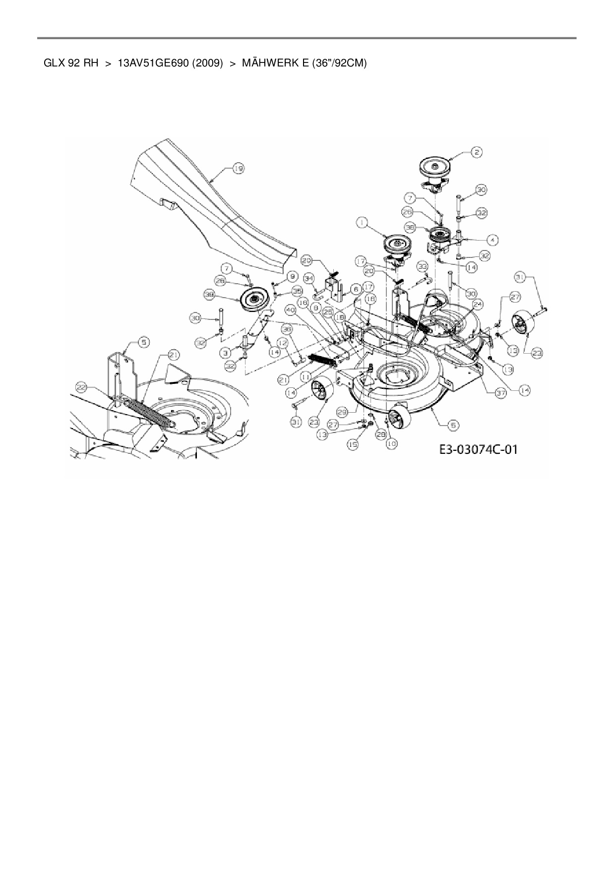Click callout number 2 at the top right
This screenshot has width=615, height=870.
click(476, 152)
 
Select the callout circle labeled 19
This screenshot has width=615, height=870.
click(239, 169)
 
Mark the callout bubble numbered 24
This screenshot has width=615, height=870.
click(478, 304)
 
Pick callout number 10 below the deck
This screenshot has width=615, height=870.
click(392, 444)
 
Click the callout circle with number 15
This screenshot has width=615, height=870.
click(353, 445)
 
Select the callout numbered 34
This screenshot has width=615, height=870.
click(309, 278)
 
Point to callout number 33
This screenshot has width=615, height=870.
click(422, 266)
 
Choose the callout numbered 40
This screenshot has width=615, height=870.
click(291, 310)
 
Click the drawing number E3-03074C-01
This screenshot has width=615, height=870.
click(478, 450)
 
